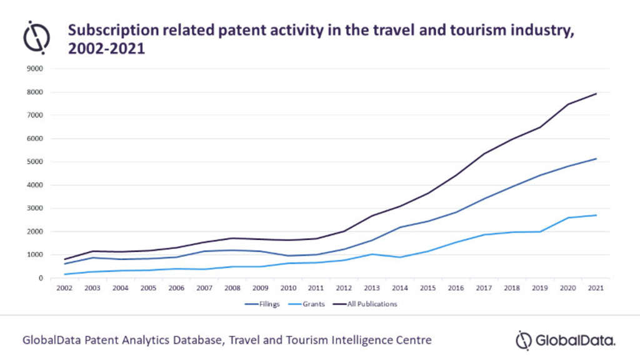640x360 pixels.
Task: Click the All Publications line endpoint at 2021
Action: [x=596, y=94]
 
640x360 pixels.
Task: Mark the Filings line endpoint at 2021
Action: [x=596, y=159]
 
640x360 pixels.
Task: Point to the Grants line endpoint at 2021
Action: [x=596, y=215]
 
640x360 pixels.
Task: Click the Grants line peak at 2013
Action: [x=372, y=254]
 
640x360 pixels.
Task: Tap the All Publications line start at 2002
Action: [x=64, y=259]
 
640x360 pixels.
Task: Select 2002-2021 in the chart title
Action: [x=106, y=49]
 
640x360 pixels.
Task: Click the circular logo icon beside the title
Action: [x=36, y=37]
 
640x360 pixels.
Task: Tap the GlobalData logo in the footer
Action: [x=566, y=340]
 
